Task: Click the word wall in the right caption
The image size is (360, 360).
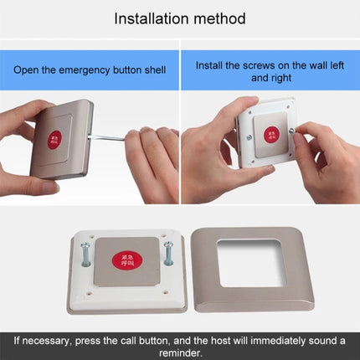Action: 312,64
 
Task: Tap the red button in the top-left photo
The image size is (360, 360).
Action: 54,136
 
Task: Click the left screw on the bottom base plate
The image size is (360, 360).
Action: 85,255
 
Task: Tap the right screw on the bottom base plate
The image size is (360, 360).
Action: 168,252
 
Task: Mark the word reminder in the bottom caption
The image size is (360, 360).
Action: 179,352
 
